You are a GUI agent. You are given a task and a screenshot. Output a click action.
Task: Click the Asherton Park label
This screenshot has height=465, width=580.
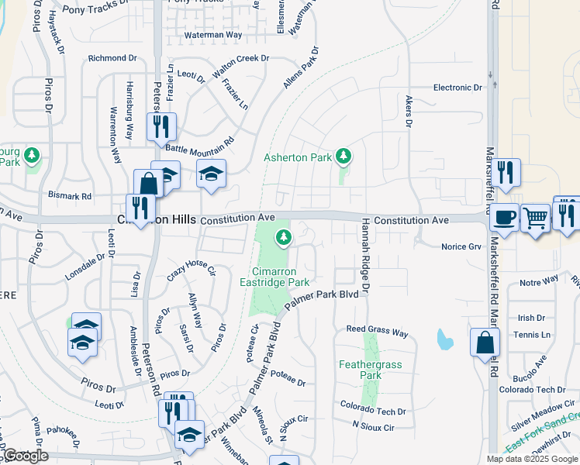[x=298, y=157]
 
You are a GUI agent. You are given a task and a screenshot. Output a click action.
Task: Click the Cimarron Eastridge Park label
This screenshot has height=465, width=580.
[x=281, y=277]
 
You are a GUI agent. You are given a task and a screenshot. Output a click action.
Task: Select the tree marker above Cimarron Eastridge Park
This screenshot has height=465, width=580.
[x=285, y=237]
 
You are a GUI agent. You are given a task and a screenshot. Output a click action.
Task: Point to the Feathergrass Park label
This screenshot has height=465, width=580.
[x=361, y=369]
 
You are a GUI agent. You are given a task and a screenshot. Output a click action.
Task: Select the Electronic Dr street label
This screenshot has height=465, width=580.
[x=457, y=88]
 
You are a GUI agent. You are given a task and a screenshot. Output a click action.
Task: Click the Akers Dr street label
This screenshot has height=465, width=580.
[x=408, y=112]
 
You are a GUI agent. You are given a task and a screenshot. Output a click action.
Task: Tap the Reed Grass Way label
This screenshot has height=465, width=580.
[x=377, y=331]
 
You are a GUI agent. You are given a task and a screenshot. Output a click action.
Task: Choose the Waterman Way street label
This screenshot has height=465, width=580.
[x=212, y=35]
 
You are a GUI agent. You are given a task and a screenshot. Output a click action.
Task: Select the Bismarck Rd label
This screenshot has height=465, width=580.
[x=70, y=195]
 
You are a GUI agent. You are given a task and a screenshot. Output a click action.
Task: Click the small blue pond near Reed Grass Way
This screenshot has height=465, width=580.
[x=444, y=339]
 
